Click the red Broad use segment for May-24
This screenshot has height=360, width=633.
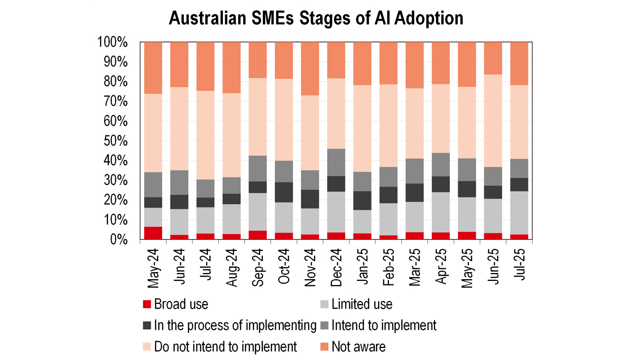153,233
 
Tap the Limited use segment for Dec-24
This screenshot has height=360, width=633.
336,212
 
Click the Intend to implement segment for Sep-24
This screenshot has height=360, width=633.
258,168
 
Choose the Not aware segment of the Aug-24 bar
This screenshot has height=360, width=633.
231,68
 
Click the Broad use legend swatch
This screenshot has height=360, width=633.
148,304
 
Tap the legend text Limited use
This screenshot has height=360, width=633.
362,304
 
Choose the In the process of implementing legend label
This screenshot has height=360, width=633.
235,325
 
